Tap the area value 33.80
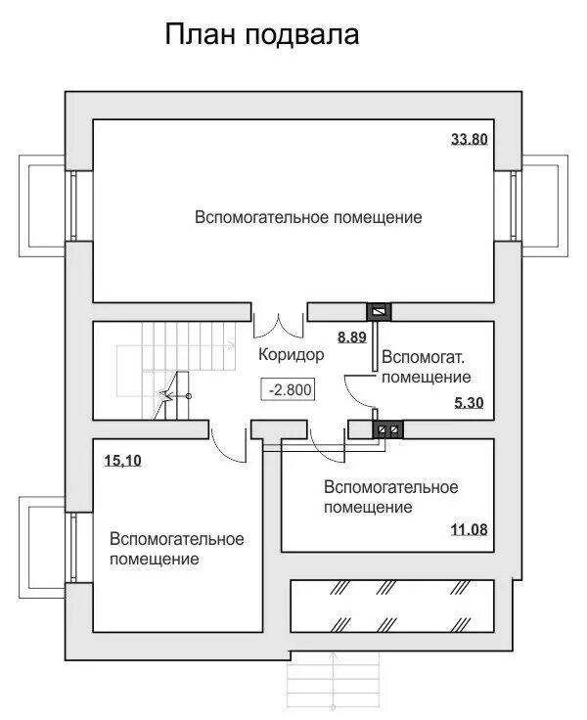(x=469, y=139)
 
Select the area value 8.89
(x=351, y=337)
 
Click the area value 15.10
(x=122, y=458)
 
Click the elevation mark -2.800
(x=289, y=388)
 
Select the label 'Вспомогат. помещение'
(x=427, y=366)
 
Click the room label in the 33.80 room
(x=308, y=216)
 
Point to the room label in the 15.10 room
(x=176, y=549)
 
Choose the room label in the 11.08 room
(x=390, y=497)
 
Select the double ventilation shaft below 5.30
(x=388, y=428)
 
